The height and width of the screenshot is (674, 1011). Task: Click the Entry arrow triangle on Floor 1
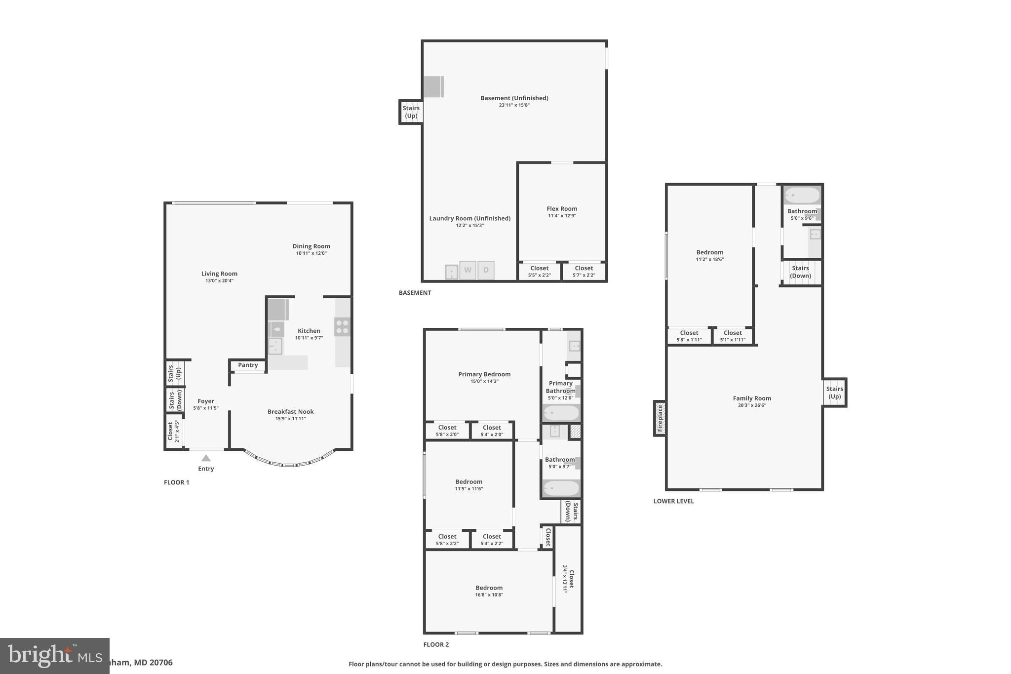(206, 458)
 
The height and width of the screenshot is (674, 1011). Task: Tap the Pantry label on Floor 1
(248, 365)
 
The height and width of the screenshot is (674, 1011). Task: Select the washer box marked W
(467, 270)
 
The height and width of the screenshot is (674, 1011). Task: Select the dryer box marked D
(486, 270)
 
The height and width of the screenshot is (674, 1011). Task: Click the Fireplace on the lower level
(660, 419)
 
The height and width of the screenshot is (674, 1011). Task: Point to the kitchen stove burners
(342, 327)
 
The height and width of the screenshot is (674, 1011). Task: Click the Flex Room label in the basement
(562, 209)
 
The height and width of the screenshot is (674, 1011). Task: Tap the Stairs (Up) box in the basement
(411, 112)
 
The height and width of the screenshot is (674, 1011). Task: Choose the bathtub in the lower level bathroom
(802, 196)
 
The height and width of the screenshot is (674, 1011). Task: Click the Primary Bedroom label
(484, 374)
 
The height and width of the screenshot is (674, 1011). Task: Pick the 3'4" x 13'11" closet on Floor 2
(569, 579)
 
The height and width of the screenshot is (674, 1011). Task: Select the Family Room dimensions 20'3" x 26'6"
(752, 405)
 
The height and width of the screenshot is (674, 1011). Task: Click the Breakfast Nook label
(290, 412)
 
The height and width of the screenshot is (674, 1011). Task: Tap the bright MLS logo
(54, 656)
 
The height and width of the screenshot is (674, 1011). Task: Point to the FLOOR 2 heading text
(436, 644)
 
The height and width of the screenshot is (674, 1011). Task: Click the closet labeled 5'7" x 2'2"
(584, 272)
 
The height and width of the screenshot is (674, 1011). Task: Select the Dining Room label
(311, 246)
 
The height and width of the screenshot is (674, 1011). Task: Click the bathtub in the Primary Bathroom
(561, 413)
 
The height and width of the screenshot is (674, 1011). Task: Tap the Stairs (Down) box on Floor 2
(571, 512)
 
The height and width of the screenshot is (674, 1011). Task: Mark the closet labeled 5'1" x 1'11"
(733, 336)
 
